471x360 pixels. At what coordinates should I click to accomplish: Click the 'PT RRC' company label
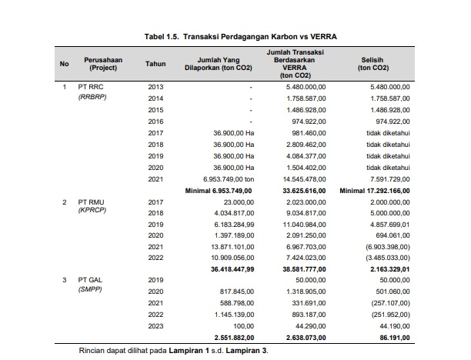pos(90,87)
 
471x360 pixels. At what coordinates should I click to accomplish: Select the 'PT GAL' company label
pos(90,280)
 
